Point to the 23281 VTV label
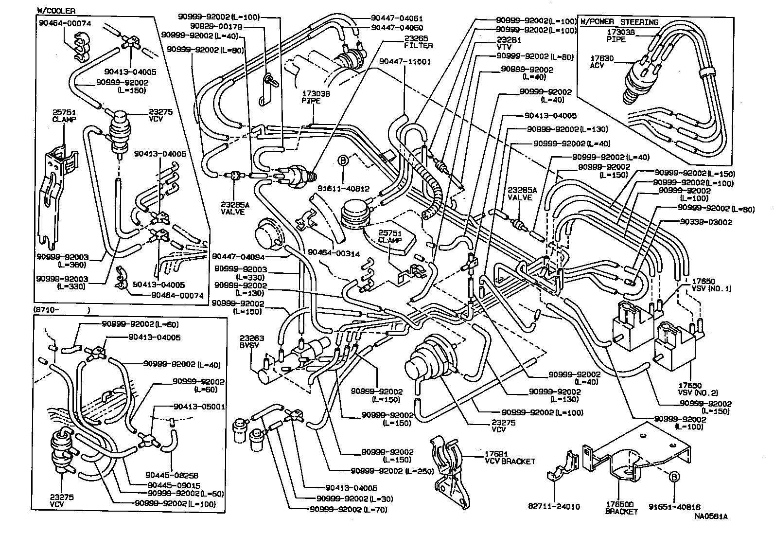pyautogui.click(x=509, y=44)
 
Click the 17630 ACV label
pyautogui.click(x=601, y=62)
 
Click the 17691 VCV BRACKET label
pyautogui.click(x=510, y=458)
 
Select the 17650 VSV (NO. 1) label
pyautogui.click(x=711, y=285)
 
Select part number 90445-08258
pyautogui.click(x=172, y=475)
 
